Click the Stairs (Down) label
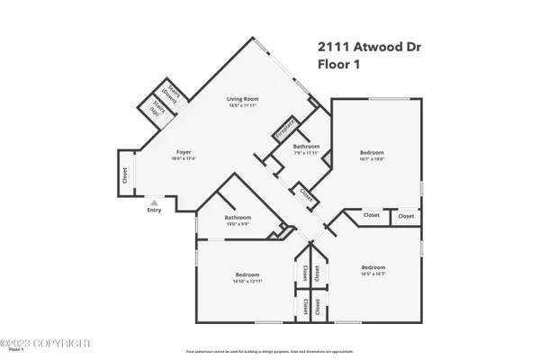[168, 90]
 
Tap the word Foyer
[184, 152]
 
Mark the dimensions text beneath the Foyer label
[184, 159]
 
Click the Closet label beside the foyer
[124, 175]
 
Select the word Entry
[155, 211]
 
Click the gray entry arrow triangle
[155, 202]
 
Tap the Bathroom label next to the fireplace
[306, 146]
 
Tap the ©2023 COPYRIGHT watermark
[45, 343]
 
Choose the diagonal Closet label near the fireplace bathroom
[306, 193]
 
